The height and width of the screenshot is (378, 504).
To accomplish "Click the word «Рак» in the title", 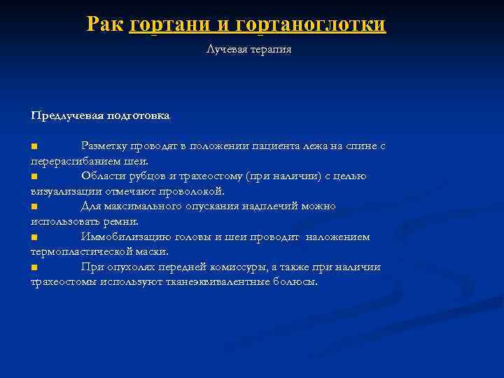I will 106,24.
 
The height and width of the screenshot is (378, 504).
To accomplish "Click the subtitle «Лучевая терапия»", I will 248,50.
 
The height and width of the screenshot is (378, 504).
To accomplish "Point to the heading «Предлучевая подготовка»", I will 100,114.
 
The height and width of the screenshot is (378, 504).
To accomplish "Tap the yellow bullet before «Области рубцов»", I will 34,176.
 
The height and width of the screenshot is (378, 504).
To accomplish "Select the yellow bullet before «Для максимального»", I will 34,206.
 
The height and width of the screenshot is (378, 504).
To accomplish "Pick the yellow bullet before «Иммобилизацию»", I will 34,237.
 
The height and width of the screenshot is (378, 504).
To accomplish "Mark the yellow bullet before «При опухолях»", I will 34,267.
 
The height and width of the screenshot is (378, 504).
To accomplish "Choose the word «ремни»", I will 122,221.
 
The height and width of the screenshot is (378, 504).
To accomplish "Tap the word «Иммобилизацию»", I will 120,237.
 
